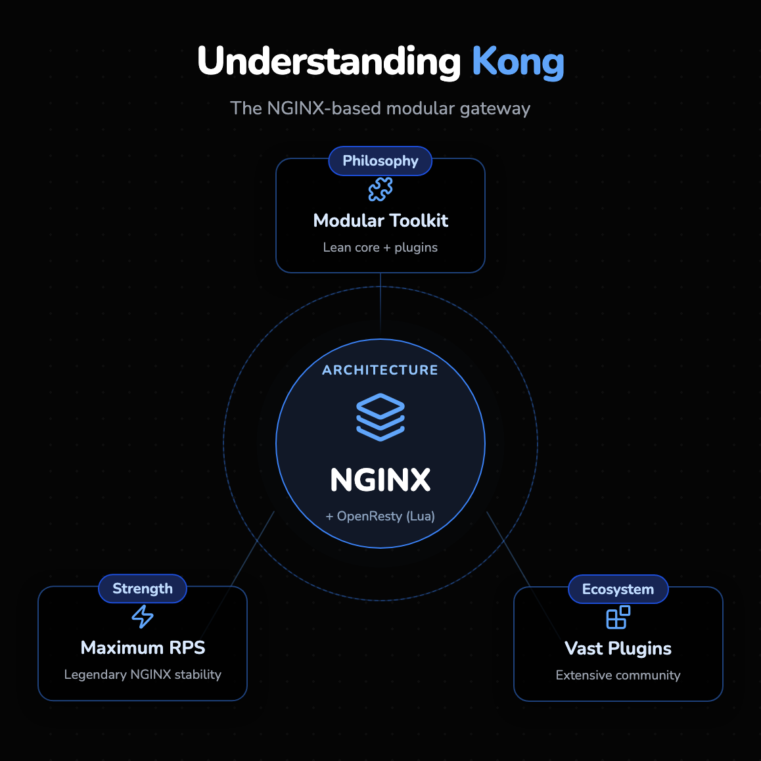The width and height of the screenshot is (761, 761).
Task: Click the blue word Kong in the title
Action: (518, 62)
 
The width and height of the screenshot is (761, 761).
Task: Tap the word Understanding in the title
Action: (329, 62)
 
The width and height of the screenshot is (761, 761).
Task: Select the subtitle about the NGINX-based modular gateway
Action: (380, 108)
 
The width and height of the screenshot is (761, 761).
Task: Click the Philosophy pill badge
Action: (380, 161)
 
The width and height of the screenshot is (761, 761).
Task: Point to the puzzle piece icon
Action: (380, 190)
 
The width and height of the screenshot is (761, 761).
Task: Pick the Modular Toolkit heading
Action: (380, 221)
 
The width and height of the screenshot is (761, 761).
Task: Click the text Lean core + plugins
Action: (380, 248)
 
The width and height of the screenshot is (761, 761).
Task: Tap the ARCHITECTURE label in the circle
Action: (380, 370)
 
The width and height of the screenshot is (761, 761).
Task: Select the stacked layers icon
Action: (380, 417)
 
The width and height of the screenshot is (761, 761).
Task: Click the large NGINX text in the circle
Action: (380, 480)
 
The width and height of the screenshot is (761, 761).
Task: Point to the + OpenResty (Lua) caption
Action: (380, 517)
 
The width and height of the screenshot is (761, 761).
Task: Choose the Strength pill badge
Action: (143, 589)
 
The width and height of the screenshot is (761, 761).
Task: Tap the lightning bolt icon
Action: (143, 616)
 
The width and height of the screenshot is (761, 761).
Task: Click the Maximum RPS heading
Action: (143, 648)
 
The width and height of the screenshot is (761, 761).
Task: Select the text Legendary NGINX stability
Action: (143, 675)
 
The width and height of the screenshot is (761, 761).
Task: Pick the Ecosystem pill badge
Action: (618, 589)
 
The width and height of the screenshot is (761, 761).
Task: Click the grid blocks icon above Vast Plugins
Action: (618, 618)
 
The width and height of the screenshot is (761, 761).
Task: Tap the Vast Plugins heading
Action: (618, 649)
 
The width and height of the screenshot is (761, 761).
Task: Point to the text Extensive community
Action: (618, 676)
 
